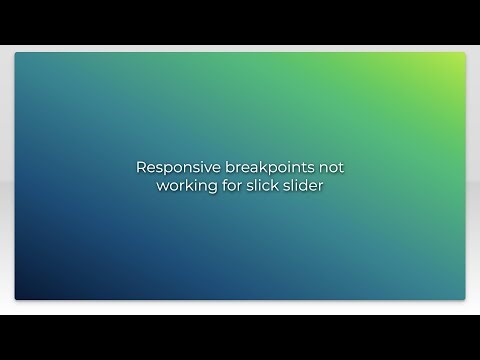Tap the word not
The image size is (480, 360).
coord(330,168)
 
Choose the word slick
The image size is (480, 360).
coord(261,186)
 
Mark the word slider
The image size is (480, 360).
coord(303,186)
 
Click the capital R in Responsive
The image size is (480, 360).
coord(141,168)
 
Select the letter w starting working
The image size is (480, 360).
coord(162,187)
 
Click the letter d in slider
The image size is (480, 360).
coord(305,186)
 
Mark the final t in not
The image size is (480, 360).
coord(341,168)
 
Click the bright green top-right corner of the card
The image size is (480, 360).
coord(460,58)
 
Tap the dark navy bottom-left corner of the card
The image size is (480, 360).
coord(20,294)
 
